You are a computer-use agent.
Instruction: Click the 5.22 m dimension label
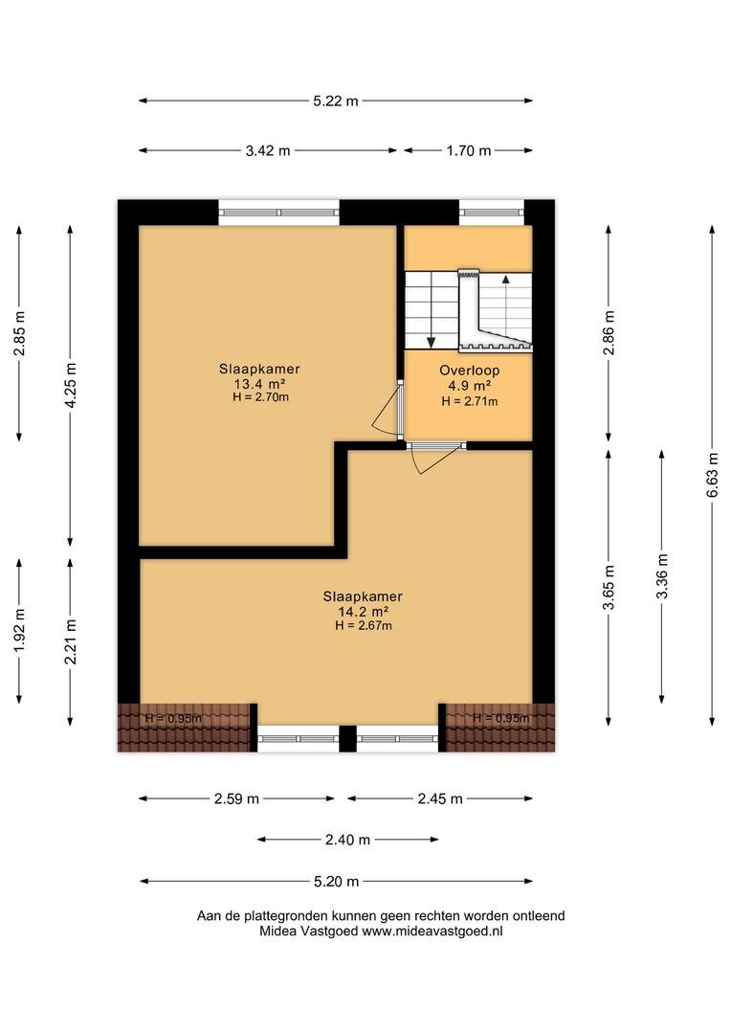point(336,101)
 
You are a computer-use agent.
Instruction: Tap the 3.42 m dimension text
point(268,150)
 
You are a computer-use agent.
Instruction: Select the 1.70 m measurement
point(469,150)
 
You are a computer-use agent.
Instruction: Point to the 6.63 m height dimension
point(712,476)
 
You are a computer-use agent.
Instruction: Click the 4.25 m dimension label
point(71,385)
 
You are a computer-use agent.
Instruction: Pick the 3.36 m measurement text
point(662,575)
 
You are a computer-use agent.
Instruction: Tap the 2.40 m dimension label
point(347,840)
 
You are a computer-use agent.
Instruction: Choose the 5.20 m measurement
point(336,881)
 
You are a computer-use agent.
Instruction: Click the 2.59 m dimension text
point(236,798)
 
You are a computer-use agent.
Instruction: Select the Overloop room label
point(470,371)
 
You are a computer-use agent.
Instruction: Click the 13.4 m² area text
point(259,384)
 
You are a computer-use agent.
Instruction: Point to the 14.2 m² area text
point(363,611)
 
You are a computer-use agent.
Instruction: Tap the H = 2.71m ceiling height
point(470,401)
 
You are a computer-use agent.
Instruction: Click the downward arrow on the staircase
point(432,310)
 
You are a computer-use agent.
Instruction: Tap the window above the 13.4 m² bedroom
point(278,213)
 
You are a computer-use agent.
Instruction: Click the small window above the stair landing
point(492,213)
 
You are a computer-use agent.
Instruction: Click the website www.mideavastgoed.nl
point(432,932)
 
